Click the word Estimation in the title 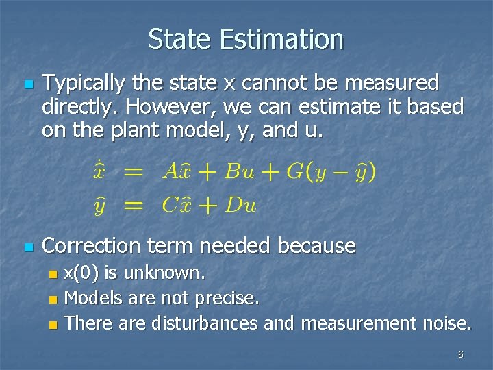tap(281, 39)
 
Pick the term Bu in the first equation tap(239, 171)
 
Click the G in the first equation tap(294, 171)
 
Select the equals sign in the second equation tap(135, 204)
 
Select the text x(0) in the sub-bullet tap(80, 273)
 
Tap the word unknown tap(169, 273)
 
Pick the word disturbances tap(205, 322)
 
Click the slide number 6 tap(460, 355)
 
